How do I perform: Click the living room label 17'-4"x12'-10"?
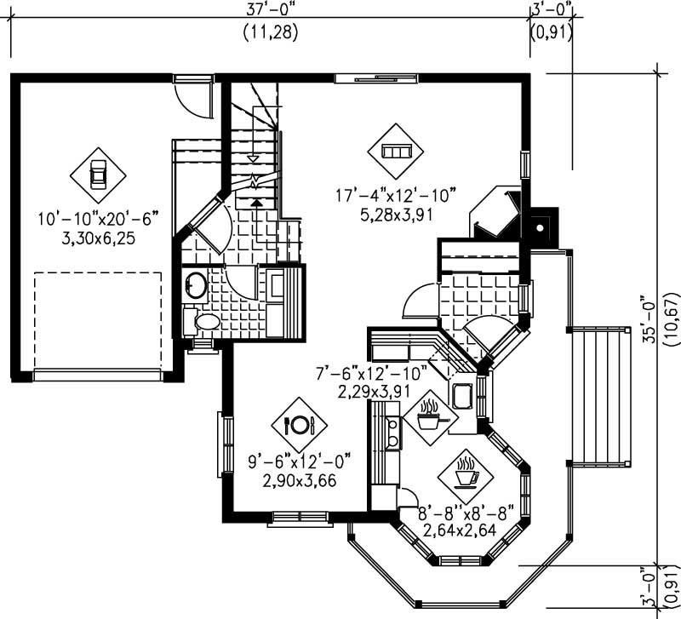[397, 196]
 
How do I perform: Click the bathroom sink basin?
[194, 284]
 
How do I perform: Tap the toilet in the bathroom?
[204, 322]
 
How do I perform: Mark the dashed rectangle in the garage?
[97, 319]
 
